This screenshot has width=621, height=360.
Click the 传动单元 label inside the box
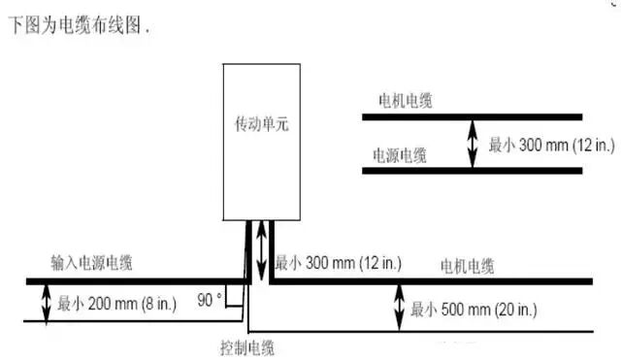[x=261, y=124]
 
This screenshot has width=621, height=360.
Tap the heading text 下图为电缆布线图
[x=75, y=25]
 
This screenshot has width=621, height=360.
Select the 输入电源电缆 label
[x=91, y=263]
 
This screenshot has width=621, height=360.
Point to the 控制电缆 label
[x=247, y=348]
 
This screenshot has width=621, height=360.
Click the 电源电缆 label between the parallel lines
[x=400, y=155]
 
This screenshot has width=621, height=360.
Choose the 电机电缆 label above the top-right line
[x=406, y=101]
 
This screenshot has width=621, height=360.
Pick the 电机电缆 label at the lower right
[x=468, y=266]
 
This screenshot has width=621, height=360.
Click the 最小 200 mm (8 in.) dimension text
[x=116, y=304]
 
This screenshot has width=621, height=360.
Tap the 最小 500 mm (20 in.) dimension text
[x=474, y=310]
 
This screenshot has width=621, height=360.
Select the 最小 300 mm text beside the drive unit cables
[x=339, y=263]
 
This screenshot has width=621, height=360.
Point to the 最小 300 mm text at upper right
[x=552, y=145]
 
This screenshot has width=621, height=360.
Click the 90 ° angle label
[x=210, y=300]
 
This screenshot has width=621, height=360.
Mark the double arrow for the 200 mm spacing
[x=47, y=303]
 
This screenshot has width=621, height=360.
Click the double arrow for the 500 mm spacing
[x=400, y=308]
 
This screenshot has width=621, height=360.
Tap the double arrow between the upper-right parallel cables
[x=473, y=144]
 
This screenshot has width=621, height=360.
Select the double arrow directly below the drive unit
[x=261, y=250]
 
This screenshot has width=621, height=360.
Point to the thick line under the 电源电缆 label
[x=473, y=171]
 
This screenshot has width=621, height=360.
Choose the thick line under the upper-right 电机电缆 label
[x=473, y=117]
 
